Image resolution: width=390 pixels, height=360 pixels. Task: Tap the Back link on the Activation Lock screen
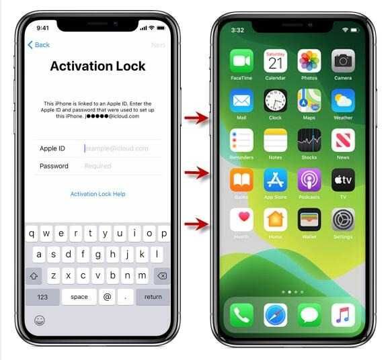38,45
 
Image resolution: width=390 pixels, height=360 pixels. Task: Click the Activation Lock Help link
97,194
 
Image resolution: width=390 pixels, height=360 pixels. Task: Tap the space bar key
79,297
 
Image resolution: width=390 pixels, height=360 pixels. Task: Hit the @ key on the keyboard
106,297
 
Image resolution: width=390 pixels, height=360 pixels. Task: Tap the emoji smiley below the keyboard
40,320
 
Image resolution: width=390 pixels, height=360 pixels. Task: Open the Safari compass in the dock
275,314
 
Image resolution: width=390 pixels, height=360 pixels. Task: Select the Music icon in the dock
343,314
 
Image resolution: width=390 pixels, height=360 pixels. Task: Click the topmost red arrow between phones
196,119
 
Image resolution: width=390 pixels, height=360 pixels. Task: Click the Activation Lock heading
97,66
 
